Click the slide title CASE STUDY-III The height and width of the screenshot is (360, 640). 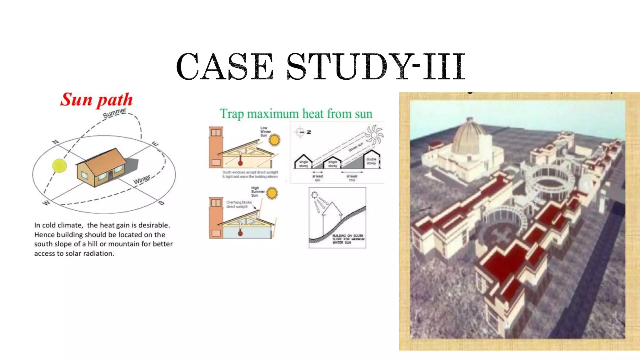(320, 66)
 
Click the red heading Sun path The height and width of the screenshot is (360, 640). (97, 100)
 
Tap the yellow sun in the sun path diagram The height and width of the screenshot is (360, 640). (59, 166)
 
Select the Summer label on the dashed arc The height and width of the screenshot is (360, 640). (115, 113)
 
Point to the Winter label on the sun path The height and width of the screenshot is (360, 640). (142, 179)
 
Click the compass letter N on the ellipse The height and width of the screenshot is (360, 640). (55, 142)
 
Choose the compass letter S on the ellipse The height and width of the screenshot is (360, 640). (161, 203)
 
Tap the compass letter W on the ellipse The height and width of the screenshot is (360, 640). (46, 203)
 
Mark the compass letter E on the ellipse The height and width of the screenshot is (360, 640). (155, 143)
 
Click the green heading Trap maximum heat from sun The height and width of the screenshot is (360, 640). (296, 114)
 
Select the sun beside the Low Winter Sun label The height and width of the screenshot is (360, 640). (274, 140)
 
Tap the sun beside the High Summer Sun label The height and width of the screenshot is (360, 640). (272, 193)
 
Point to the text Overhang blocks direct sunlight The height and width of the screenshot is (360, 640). (239, 204)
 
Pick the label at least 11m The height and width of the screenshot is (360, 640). (352, 178)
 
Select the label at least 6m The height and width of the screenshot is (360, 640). (317, 178)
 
